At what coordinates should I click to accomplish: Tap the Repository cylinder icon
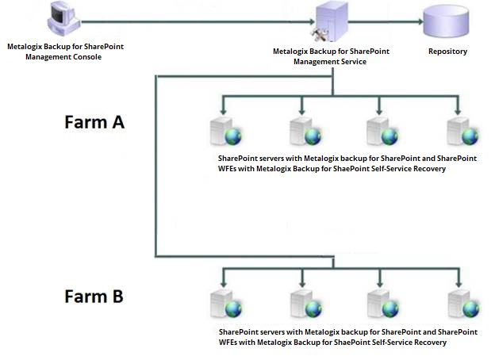click(447, 24)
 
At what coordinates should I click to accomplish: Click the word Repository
click(447, 52)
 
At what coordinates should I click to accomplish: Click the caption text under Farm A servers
click(347, 163)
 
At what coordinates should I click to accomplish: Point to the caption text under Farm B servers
click(347, 338)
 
